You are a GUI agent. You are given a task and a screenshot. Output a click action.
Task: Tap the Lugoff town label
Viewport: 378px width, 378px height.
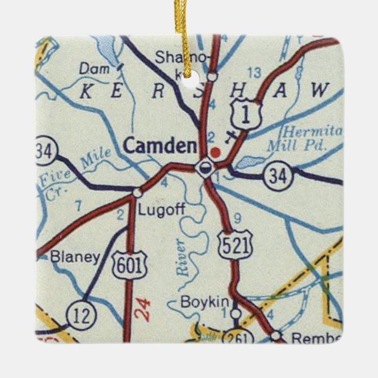(x=158, y=210)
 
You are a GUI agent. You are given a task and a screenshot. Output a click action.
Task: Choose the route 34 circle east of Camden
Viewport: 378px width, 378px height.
(x=275, y=174)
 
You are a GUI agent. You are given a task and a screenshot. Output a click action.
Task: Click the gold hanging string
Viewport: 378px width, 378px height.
(x=190, y=35)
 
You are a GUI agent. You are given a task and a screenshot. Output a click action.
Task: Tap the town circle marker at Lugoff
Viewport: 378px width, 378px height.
(x=137, y=192)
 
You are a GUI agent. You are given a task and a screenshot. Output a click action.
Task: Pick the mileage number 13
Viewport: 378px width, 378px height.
(x=254, y=73)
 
